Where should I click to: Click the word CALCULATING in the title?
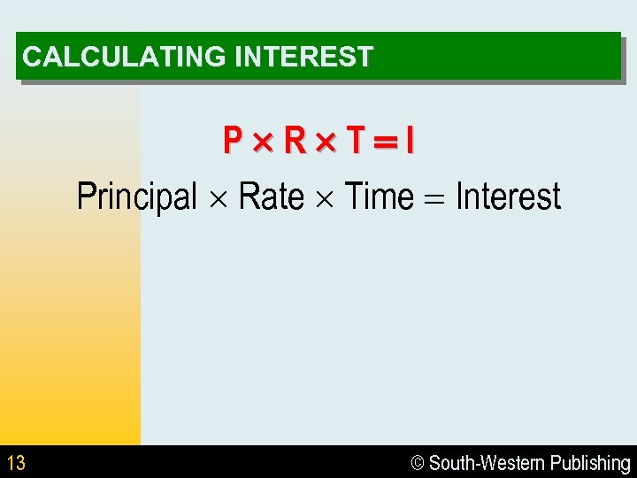click(125, 58)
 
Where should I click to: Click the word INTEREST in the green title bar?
click(303, 58)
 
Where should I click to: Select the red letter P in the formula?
click(233, 140)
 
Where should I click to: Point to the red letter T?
click(355, 140)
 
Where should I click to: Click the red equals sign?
click(384, 141)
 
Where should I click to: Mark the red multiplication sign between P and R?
click(263, 141)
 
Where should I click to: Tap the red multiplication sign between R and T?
click(326, 141)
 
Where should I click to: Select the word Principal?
click(137, 197)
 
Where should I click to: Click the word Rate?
click(272, 196)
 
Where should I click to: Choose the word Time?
click(378, 196)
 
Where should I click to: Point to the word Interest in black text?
click(508, 196)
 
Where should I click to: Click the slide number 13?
click(16, 462)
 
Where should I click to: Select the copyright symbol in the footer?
click(418, 463)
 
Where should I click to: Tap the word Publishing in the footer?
click(590, 463)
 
